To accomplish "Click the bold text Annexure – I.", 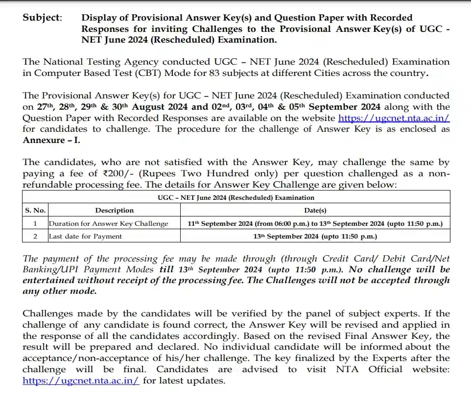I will point(51,140).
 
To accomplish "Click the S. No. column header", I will point(35,210).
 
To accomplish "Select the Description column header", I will point(114,210).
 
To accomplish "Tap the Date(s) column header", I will point(315,210).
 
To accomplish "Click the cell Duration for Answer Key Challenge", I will point(108,223).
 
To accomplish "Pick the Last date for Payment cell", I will point(85,236).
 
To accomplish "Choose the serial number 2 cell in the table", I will point(35,236).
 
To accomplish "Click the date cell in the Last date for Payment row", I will point(315,236).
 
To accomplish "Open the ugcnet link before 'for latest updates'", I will point(81,381).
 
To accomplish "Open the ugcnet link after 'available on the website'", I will point(394,118).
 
